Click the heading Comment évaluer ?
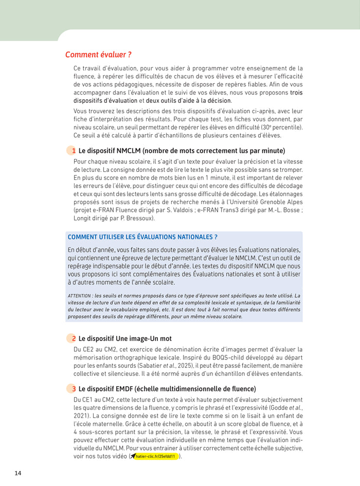point(99,55)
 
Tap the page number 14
point(18,473)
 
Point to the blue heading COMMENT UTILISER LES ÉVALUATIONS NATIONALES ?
point(142,237)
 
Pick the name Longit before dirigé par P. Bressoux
point(84,219)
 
